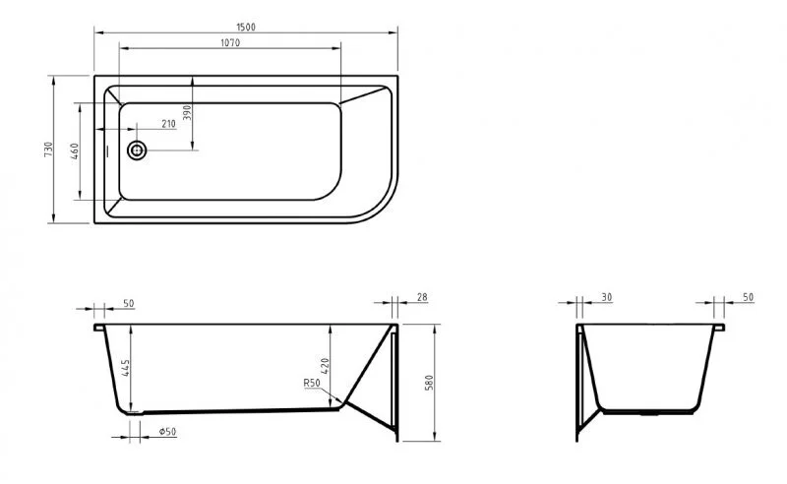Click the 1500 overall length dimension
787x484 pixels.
[246, 27]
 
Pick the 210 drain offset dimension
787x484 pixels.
[167, 124]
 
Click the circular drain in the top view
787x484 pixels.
[137, 151]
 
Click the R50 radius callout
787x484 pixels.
[313, 384]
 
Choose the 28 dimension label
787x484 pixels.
[423, 296]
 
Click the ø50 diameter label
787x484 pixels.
[167, 430]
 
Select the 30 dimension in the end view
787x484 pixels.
[606, 296]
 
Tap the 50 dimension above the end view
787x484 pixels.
[748, 296]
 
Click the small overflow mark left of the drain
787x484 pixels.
[107, 151]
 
